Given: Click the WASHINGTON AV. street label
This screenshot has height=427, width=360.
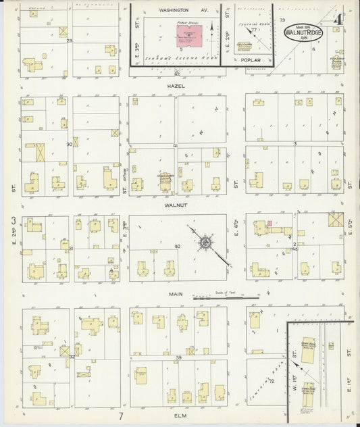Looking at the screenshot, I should pos(176,11).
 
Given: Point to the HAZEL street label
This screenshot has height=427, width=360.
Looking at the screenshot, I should pos(178,86).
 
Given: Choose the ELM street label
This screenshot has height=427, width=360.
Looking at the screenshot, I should pos(178,417).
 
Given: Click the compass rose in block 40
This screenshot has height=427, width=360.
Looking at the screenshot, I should pos(203,243).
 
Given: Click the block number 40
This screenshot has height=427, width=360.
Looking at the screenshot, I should pos(177,247).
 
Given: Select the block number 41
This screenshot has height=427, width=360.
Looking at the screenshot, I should pos(175,145).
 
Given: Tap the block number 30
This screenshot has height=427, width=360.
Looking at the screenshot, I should pos(69,145).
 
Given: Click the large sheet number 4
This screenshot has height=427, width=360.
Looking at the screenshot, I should pos(344,11).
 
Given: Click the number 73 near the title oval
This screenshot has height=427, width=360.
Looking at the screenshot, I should pos(282,21).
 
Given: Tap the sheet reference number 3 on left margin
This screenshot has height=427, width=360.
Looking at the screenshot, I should pos(13,221).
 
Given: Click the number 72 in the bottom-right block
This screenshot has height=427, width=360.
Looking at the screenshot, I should pos(272,381).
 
